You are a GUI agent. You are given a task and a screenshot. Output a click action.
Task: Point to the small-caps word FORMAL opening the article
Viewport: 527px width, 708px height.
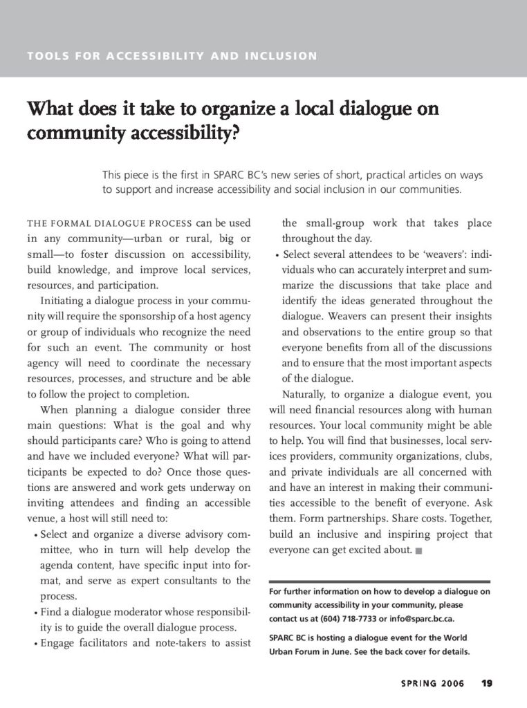pos(71,224)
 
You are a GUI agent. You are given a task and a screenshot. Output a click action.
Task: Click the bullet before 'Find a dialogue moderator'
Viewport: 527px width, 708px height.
pos(35,614)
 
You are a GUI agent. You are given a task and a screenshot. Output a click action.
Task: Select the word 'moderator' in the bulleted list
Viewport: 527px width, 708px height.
pos(151,613)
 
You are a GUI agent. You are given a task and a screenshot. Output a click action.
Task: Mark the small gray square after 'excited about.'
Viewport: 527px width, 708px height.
pos(418,551)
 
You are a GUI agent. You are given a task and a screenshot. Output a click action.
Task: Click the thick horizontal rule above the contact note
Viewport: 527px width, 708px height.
pos(379,581)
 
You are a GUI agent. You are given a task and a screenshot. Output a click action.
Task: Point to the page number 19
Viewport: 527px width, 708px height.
pos(487,684)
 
